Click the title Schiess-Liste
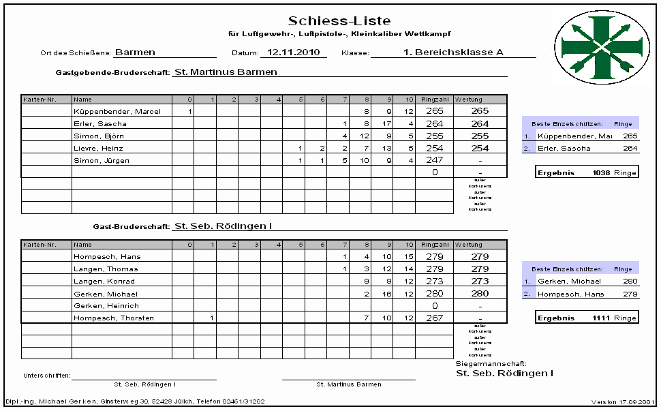click(x=339, y=21)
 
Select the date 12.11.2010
click(x=293, y=52)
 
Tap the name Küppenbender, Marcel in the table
click(x=117, y=111)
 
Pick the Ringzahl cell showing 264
click(x=433, y=123)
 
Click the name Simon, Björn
click(x=99, y=136)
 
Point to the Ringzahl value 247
click(x=433, y=161)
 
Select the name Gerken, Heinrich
click(x=106, y=306)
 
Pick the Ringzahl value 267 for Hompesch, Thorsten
click(x=433, y=318)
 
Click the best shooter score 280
click(x=630, y=281)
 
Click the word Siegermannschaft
click(x=491, y=365)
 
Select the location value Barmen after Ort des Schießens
click(x=135, y=52)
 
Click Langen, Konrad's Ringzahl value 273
click(x=433, y=281)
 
